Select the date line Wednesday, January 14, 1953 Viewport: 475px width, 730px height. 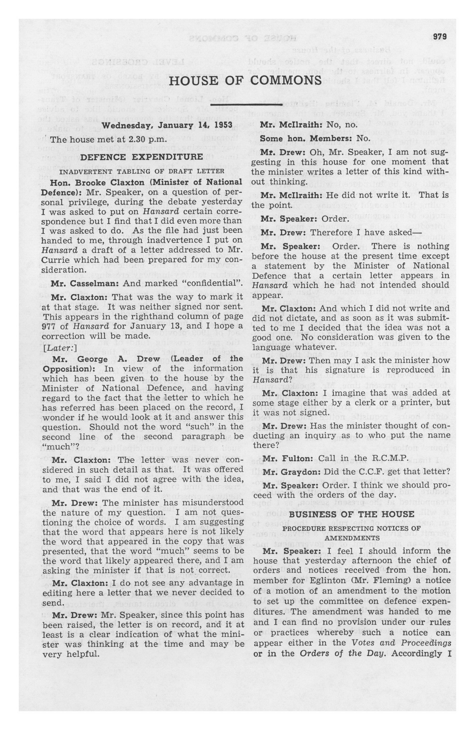click(167, 126)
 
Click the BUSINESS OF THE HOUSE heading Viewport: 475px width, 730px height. click(352, 513)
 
